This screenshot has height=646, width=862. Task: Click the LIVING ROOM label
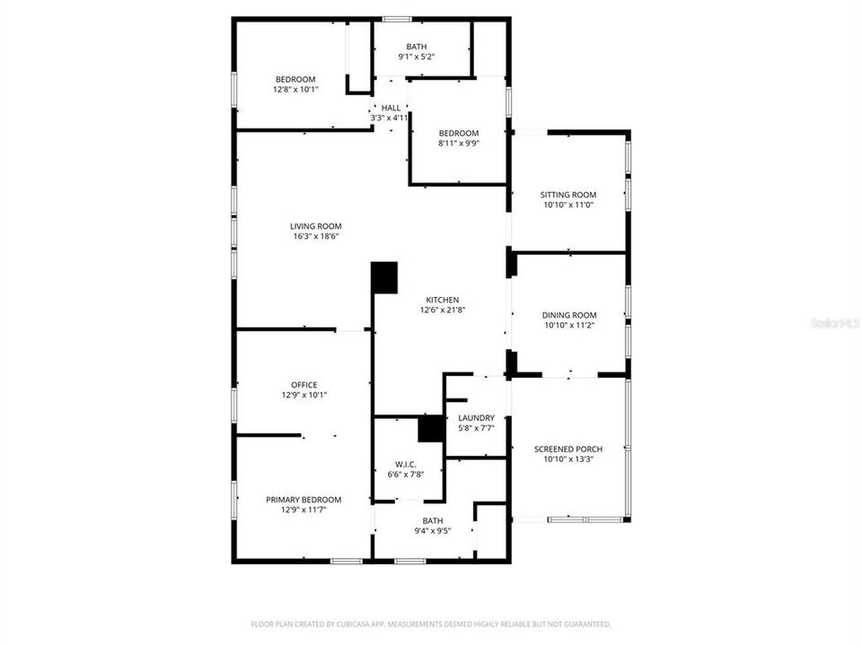(315, 226)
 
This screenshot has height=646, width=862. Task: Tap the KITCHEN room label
(442, 300)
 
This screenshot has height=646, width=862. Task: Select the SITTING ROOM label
(567, 195)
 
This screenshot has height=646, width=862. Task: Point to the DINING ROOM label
(568, 315)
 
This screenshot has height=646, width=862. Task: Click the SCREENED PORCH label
(567, 450)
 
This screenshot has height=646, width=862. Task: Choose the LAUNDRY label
(476, 418)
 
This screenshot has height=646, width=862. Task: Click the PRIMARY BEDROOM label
(303, 500)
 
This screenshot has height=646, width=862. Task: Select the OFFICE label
(303, 385)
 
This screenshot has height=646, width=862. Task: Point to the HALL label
(391, 108)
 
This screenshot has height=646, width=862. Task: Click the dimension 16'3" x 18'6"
(315, 237)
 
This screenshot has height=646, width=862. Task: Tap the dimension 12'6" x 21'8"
(442, 310)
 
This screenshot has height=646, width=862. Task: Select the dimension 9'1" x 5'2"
(416, 57)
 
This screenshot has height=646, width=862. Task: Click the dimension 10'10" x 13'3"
(567, 459)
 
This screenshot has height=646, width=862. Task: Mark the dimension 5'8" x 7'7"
(476, 428)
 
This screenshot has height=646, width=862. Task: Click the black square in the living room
(385, 277)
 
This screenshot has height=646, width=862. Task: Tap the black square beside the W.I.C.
(432, 428)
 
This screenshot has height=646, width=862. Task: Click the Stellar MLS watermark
(834, 321)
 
